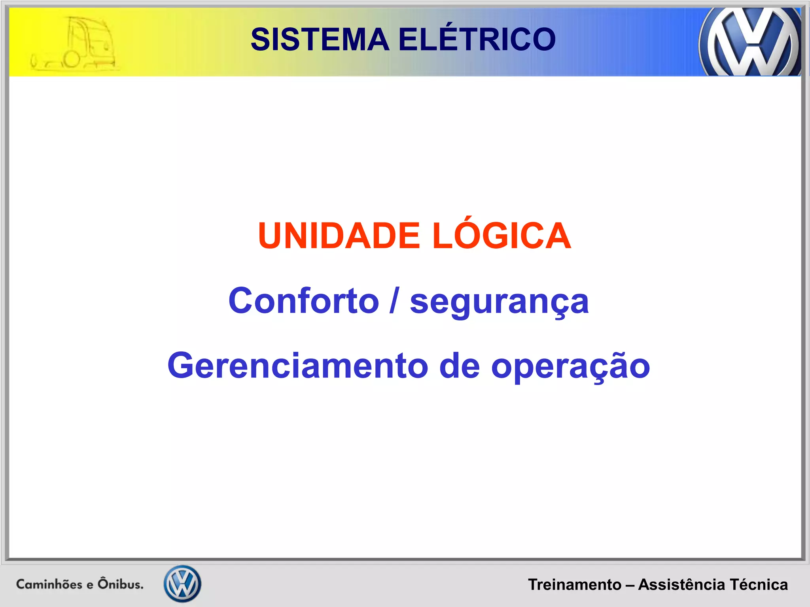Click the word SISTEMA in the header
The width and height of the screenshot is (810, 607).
[x=320, y=40]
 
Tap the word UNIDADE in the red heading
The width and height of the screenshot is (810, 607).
[x=339, y=236]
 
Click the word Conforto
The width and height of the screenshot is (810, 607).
[x=304, y=301]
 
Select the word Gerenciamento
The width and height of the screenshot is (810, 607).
[x=298, y=366]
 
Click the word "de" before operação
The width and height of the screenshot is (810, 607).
[x=460, y=366]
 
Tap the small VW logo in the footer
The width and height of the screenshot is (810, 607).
[x=182, y=583]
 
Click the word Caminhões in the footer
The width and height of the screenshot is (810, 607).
[x=49, y=584]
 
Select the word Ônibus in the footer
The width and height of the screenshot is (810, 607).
[x=120, y=583]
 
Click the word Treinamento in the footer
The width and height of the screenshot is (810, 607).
[x=575, y=584]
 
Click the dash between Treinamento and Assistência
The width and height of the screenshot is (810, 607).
[x=630, y=585]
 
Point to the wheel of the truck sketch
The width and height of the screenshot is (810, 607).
[x=72, y=60]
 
